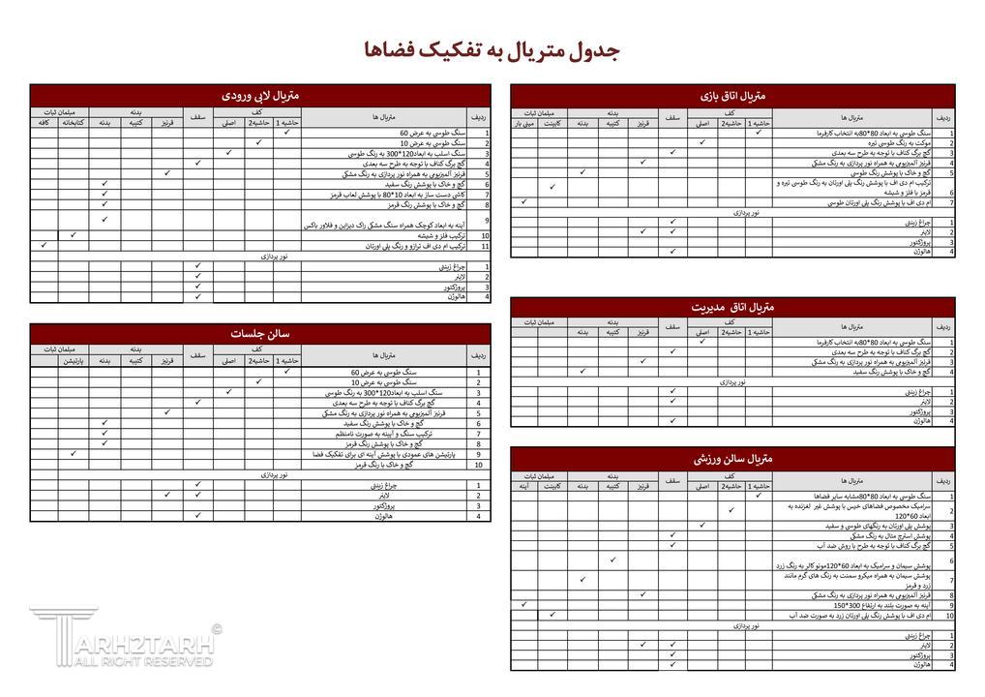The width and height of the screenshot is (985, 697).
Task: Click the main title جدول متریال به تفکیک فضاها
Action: [x=492, y=50]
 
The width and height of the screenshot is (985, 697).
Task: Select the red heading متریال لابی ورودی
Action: [x=260, y=95]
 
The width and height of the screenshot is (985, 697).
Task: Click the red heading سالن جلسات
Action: [x=260, y=334]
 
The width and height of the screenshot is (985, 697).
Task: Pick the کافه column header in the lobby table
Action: [x=44, y=123]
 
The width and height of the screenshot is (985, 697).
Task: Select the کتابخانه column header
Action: [x=74, y=123]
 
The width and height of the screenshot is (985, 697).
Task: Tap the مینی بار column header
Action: [x=523, y=123]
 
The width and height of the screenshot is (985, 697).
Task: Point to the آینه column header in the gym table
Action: [x=523, y=485]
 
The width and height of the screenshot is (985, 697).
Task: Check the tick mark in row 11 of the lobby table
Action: [x=44, y=246]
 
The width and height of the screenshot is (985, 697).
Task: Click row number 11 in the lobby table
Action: [x=485, y=247]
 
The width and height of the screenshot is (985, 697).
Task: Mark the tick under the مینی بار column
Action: [x=523, y=201]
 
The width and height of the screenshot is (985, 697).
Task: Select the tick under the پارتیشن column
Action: [x=74, y=453]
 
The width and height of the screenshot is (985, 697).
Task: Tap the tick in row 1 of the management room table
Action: [x=702, y=342]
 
